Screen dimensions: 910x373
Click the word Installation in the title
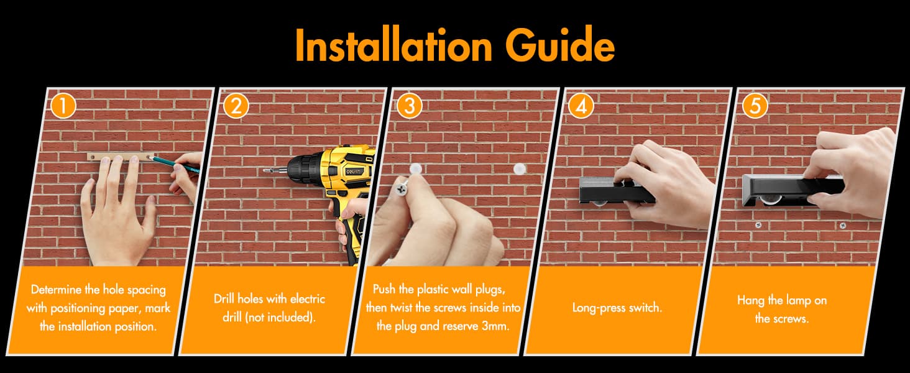pyautogui.click(x=393, y=45)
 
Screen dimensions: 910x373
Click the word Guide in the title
pyautogui.click(x=560, y=45)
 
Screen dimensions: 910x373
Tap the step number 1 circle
pyautogui.click(x=63, y=106)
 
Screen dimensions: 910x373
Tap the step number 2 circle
pyautogui.click(x=236, y=106)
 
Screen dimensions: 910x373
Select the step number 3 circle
pyautogui.click(x=409, y=106)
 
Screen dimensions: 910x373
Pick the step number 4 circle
pyautogui.click(x=581, y=106)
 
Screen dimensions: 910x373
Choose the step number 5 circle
pyautogui.click(x=755, y=106)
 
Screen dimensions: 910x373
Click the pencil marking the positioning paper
pyautogui.click(x=174, y=163)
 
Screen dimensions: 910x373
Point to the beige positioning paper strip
pyautogui.click(x=121, y=157)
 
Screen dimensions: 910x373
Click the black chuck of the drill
pyautogui.click(x=303, y=170)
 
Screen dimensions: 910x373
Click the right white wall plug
pyautogui.click(x=520, y=169)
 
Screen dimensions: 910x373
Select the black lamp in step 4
pyautogui.click(x=617, y=191)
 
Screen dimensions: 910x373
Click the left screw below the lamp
pyautogui.click(x=758, y=224)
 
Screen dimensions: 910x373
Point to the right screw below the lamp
pyautogui.click(x=843, y=225)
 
